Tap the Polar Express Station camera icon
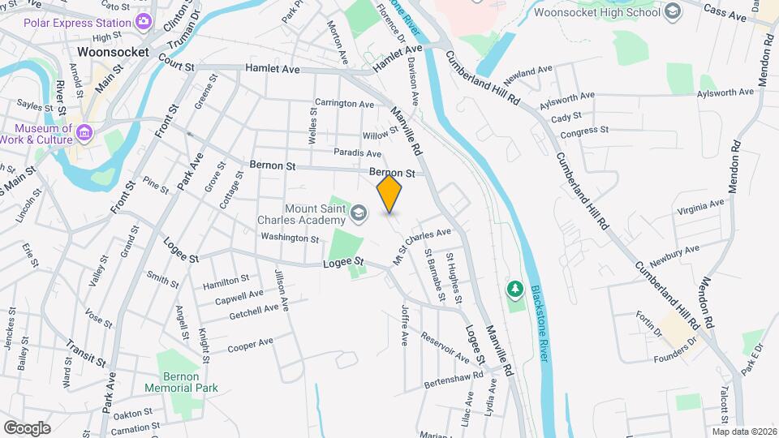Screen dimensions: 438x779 [x=144, y=20]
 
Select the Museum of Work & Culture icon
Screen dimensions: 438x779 [x=84, y=131]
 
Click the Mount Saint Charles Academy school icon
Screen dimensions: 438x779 [x=358, y=213]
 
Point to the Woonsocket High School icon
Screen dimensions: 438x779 [x=672, y=11]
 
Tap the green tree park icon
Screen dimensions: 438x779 [x=514, y=289]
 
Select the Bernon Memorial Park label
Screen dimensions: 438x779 [x=182, y=382]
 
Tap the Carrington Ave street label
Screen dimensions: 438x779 [x=344, y=104]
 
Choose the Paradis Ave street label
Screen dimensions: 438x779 [x=357, y=152]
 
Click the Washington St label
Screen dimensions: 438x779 [x=290, y=238]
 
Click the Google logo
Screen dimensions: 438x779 [x=27, y=428]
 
